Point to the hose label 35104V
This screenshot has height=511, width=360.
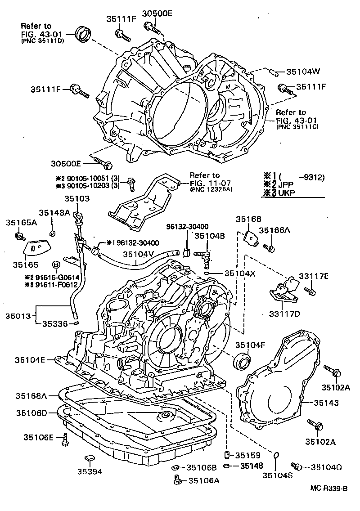139,254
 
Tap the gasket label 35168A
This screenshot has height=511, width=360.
31,396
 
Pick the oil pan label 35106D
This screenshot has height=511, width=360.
31,412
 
